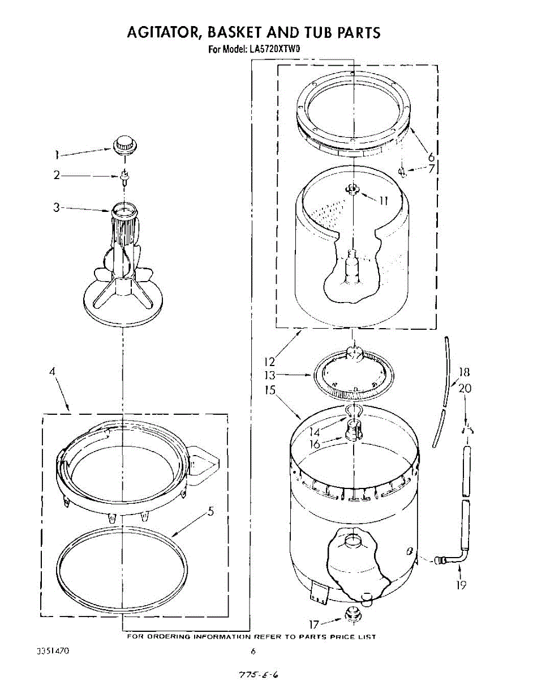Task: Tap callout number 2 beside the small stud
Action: pyautogui.click(x=57, y=176)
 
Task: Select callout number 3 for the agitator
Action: pyautogui.click(x=57, y=207)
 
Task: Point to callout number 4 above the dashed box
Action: pyautogui.click(x=52, y=372)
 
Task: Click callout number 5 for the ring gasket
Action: pyautogui.click(x=210, y=512)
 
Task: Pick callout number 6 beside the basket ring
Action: pyautogui.click(x=431, y=157)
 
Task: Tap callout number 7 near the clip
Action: pyautogui.click(x=431, y=168)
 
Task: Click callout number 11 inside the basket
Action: pyautogui.click(x=383, y=199)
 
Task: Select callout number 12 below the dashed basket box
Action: pyautogui.click(x=269, y=361)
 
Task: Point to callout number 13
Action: pyautogui.click(x=269, y=375)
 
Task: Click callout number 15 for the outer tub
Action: pyautogui.click(x=269, y=390)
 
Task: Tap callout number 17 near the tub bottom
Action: pyautogui.click(x=314, y=624)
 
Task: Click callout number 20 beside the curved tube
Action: pyautogui.click(x=465, y=388)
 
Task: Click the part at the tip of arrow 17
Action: pyautogui.click(x=353, y=614)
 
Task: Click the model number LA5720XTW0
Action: pyautogui.click(x=274, y=49)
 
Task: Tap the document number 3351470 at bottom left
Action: pyautogui.click(x=53, y=651)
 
